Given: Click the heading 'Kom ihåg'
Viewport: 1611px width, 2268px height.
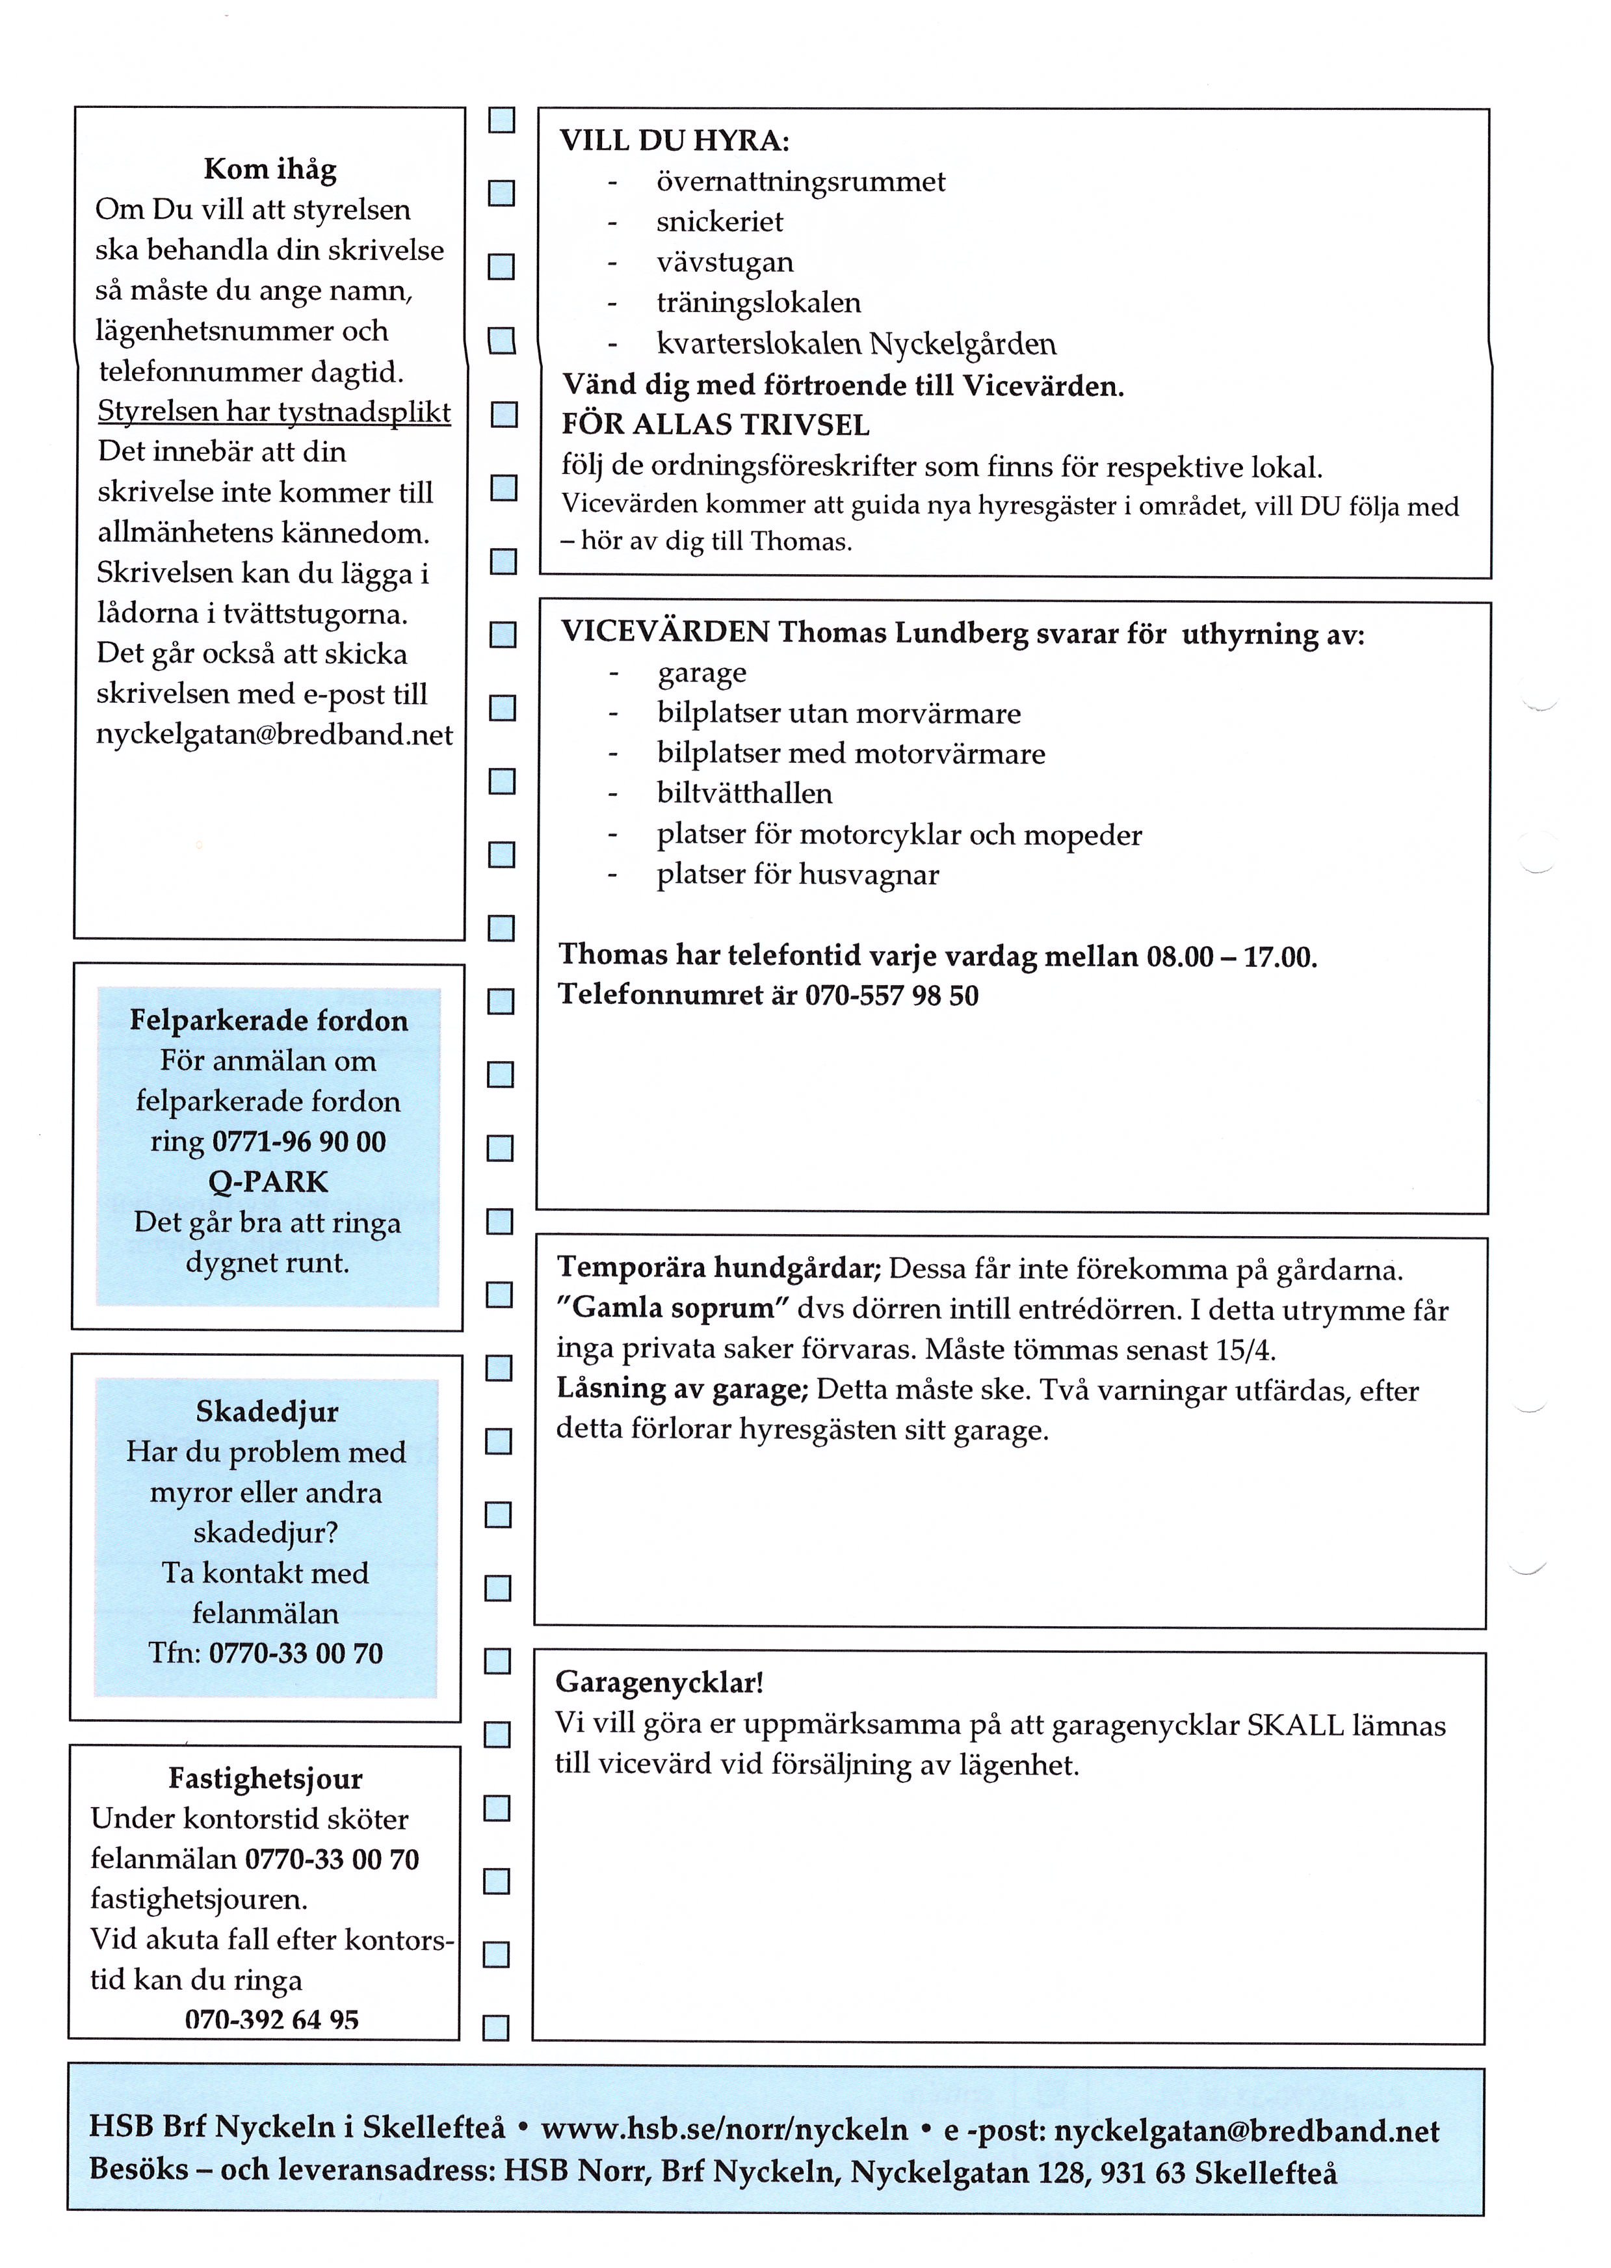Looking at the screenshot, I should coord(270,170).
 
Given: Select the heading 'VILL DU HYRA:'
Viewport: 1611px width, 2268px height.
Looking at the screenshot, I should coord(675,141).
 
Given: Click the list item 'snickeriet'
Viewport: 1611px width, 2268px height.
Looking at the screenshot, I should coord(719,222).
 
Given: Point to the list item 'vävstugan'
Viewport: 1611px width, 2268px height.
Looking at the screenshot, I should coord(724,263).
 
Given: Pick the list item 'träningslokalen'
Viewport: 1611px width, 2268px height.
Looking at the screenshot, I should coord(758,302).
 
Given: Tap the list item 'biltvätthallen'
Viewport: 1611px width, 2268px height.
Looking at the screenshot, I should coord(744,794).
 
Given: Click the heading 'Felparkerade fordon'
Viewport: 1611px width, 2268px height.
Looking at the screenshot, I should coord(269,1021).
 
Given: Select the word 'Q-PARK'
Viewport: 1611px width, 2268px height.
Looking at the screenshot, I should coord(268,1183).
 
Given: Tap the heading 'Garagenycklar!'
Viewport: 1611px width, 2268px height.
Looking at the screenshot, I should coord(659,1683).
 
